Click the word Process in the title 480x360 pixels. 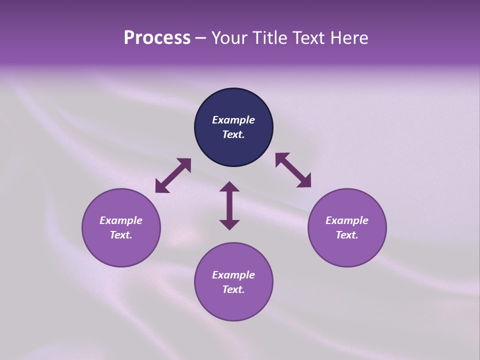(157, 38)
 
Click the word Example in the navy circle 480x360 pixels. (233, 120)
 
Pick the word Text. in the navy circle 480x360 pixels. (233, 134)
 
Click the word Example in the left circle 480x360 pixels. (121, 220)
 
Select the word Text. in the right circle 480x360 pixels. (346, 235)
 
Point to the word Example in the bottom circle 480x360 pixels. (233, 275)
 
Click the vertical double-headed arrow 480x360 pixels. (229, 205)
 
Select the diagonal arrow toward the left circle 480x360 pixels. (173, 175)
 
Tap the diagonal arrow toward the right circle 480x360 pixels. (293, 170)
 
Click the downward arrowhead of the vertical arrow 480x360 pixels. (229, 224)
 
